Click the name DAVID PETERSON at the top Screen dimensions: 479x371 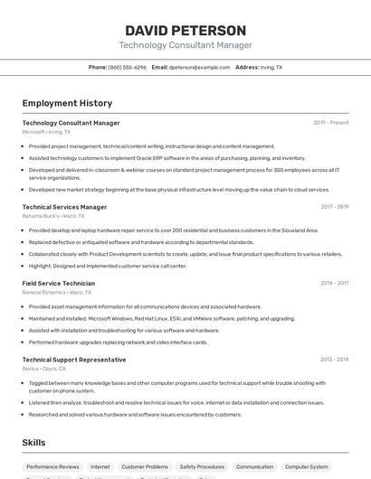tap(185, 30)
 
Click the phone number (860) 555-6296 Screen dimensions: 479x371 tap(127, 67)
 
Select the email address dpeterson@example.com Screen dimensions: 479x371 tap(199, 67)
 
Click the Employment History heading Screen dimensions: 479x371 tap(67, 103)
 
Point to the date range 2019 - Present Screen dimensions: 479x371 tap(331, 123)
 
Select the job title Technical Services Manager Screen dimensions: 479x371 tap(64, 207)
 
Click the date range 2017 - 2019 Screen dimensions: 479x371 tap(334, 207)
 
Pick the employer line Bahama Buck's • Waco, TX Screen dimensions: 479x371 tap(53, 216)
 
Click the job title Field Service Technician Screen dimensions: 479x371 tap(58, 283)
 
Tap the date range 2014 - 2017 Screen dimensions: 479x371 tap(334, 283)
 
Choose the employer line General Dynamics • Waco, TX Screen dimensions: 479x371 tap(57, 293)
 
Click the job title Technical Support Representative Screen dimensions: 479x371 tap(74, 359)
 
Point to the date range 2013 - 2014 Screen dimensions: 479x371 tap(334, 359)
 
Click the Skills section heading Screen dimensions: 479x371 tap(33, 443)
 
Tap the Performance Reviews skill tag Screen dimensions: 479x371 tap(52, 466)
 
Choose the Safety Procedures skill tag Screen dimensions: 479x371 tap(202, 466)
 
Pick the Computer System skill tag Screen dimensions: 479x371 tap(307, 466)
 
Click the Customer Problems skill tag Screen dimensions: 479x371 tap(145, 466)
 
